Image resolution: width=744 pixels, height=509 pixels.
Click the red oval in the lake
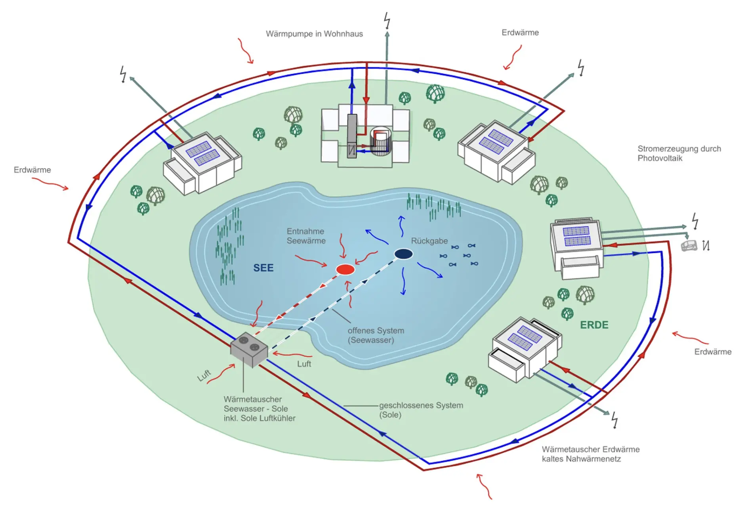[x=345, y=270]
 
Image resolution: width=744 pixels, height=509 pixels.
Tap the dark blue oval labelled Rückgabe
[x=404, y=254]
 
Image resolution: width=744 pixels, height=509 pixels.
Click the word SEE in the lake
[x=263, y=268]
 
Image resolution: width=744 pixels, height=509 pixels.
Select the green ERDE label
[x=594, y=325]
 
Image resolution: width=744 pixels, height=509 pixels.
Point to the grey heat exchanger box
[x=249, y=350]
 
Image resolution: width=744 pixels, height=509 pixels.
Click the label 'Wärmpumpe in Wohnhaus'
[x=314, y=34]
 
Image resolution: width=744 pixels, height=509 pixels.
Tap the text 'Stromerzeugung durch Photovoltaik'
[x=679, y=153]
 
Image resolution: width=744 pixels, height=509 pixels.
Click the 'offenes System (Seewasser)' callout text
[x=376, y=335]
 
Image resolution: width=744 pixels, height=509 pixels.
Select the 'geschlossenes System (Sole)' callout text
[x=421, y=410]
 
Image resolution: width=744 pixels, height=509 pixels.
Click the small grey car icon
[x=689, y=246]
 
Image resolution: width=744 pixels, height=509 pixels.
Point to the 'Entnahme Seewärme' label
[x=306, y=236]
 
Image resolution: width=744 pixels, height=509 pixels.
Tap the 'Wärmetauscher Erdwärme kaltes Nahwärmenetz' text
[x=591, y=454]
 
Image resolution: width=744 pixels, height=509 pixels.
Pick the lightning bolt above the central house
[x=387, y=21]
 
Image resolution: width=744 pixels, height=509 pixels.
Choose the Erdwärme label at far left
[x=32, y=170]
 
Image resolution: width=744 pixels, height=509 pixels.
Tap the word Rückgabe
[x=429, y=241]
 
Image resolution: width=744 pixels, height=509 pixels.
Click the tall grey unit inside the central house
[x=352, y=136]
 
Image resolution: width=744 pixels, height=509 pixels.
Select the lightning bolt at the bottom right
[x=614, y=420]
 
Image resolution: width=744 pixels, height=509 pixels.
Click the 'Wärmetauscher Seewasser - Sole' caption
[x=256, y=404]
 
